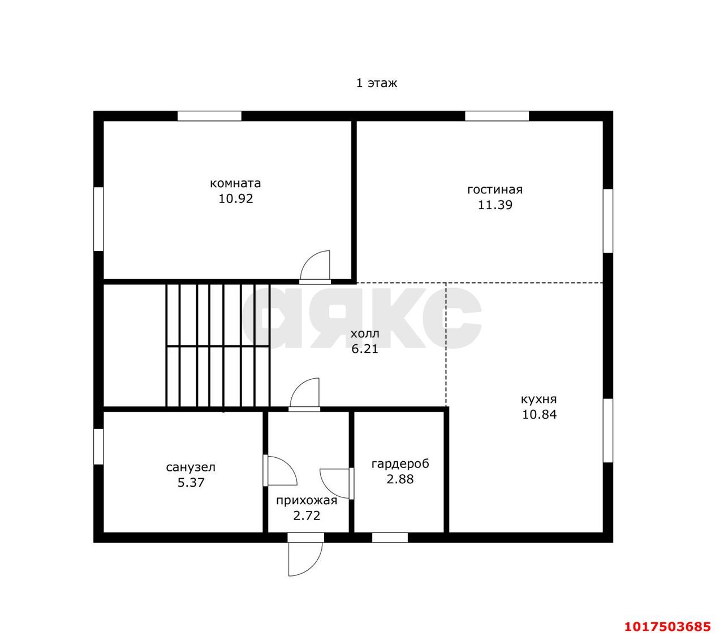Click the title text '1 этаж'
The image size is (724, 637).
pos(376,83)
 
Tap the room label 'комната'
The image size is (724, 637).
pos(235,184)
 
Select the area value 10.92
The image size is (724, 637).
pos(235,198)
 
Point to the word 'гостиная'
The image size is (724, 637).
pos(494,189)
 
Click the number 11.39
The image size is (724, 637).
pos(495,205)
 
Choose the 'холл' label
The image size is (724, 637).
pos(364,334)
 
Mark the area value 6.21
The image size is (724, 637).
pos(364,349)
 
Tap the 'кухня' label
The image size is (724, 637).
pos(539,399)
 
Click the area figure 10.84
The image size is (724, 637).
pos(539,414)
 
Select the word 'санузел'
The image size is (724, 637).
pos(191,467)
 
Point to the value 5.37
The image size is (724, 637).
pos(191,483)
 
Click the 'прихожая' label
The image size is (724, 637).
pos(307,501)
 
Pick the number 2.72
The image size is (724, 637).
pos(307,515)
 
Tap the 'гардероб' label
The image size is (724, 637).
pos(400,464)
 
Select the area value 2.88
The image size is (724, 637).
pos(400,479)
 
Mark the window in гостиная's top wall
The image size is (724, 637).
pos(497,116)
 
